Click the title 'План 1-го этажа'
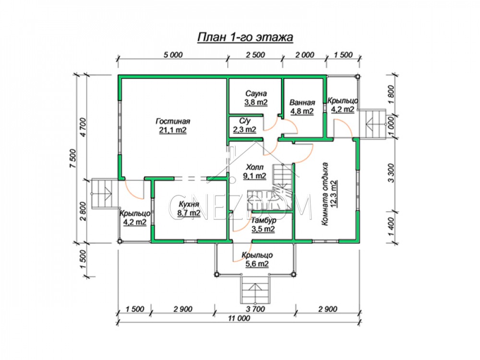[x=245, y=37]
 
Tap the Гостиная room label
[x=173, y=125]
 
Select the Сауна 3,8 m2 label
[x=256, y=98]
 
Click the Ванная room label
[x=302, y=107]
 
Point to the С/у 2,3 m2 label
[x=245, y=125]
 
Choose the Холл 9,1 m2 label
[x=254, y=171]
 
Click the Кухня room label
[x=189, y=208]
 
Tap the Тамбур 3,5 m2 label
[x=263, y=224]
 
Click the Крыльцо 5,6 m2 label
[x=257, y=259]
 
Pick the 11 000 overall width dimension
[x=239, y=318]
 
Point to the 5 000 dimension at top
[x=173, y=55]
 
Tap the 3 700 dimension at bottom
[x=255, y=309]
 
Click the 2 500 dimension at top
[x=255, y=55]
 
